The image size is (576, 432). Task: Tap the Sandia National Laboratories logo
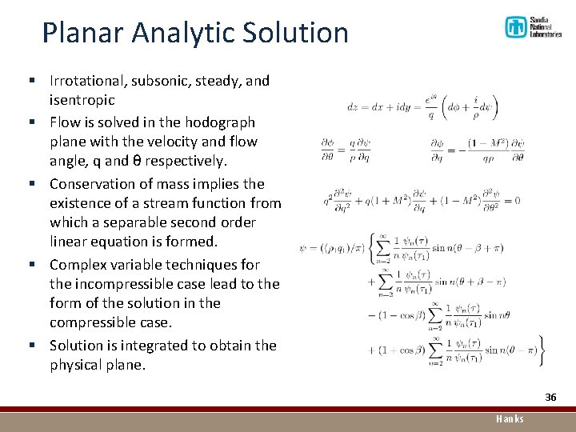(x=533, y=28)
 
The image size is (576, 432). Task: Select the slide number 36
(x=550, y=398)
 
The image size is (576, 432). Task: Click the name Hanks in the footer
(x=510, y=419)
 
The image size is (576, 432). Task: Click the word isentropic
(x=82, y=101)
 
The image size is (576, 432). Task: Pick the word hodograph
(x=219, y=122)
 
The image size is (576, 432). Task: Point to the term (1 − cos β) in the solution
(x=395, y=315)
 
